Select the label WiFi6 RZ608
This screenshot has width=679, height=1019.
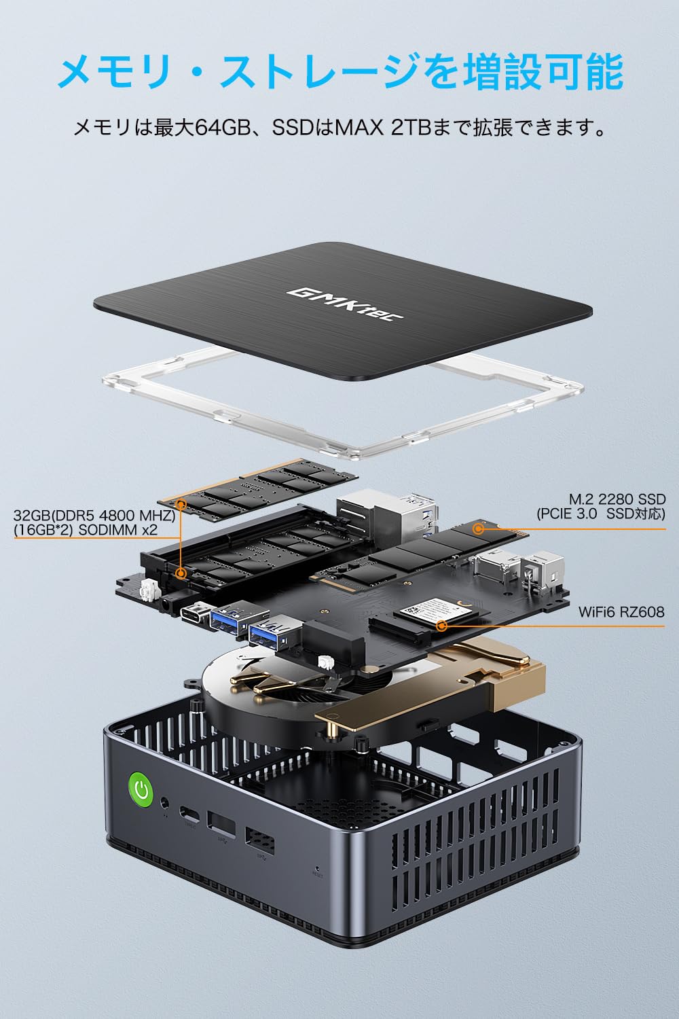(x=621, y=612)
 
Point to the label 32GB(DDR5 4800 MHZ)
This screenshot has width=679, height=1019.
(x=94, y=516)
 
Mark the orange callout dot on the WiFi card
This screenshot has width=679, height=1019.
(x=442, y=625)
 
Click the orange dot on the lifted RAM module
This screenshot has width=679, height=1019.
(x=181, y=504)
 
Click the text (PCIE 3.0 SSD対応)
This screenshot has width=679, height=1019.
(x=601, y=514)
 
